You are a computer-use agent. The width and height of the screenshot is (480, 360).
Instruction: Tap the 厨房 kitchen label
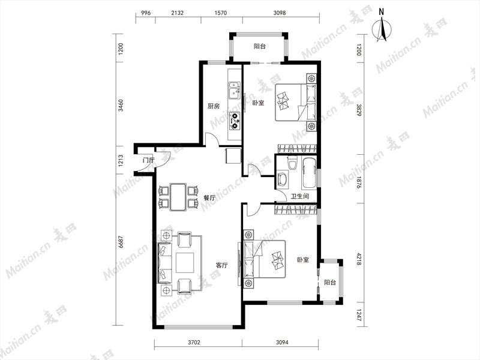[x=214, y=106]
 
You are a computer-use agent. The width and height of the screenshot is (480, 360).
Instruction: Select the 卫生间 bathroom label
[x=299, y=196]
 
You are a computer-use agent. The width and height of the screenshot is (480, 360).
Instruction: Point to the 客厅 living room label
[x=221, y=265]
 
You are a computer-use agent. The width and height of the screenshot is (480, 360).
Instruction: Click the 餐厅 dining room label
[x=209, y=198]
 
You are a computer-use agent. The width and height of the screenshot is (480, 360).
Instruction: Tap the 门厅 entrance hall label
[x=148, y=160]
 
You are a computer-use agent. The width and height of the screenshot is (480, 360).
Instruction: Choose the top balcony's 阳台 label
[x=260, y=46]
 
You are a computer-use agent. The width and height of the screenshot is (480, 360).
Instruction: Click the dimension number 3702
[x=193, y=342]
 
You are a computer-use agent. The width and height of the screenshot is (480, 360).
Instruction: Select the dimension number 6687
[x=121, y=242]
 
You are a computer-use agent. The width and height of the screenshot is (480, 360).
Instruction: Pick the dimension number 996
[x=146, y=13]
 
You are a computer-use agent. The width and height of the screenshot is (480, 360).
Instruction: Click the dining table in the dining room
[x=178, y=197]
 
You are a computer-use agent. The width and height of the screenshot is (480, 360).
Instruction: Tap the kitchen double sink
[x=235, y=91]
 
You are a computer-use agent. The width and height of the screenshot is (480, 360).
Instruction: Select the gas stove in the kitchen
[x=235, y=121]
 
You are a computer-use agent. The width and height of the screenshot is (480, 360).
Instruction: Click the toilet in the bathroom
[x=292, y=162]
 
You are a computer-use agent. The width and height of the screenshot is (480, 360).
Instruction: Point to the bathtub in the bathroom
[x=309, y=173]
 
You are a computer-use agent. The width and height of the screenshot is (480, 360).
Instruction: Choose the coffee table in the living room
[x=185, y=263]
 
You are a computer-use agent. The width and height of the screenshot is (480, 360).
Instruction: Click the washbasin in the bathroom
[x=282, y=179]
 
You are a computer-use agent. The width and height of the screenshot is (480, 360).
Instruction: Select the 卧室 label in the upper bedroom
[x=258, y=103]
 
